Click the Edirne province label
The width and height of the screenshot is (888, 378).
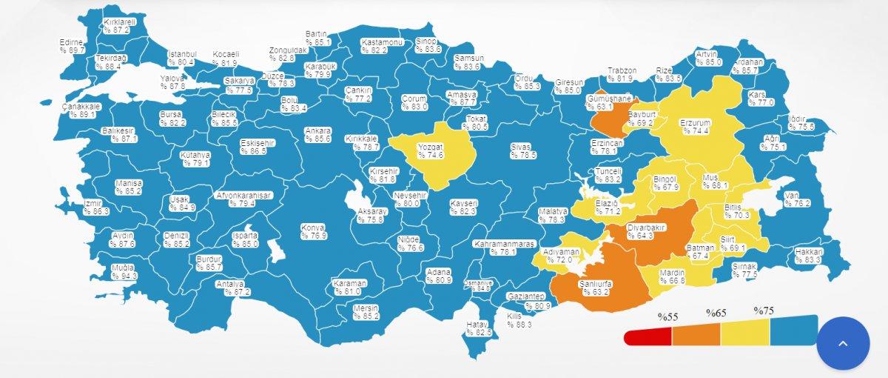(71, 47)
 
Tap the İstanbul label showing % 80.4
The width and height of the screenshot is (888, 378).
(181, 59)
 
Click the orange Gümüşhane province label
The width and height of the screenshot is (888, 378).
(608, 102)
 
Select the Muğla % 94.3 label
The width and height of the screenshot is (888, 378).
(124, 272)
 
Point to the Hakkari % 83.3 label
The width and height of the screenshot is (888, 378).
(809, 256)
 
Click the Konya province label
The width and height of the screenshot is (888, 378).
(313, 231)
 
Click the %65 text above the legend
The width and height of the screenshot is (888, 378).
(715, 313)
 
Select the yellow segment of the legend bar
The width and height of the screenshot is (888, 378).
(744, 335)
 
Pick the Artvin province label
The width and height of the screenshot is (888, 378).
(708, 59)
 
